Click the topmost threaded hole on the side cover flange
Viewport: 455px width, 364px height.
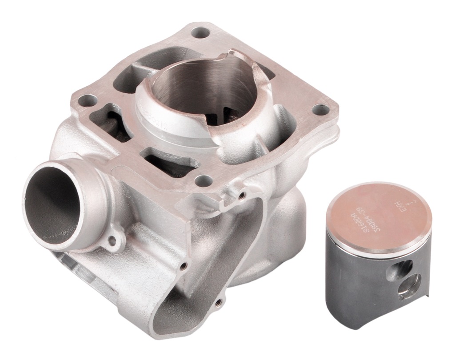click(x=241, y=195)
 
